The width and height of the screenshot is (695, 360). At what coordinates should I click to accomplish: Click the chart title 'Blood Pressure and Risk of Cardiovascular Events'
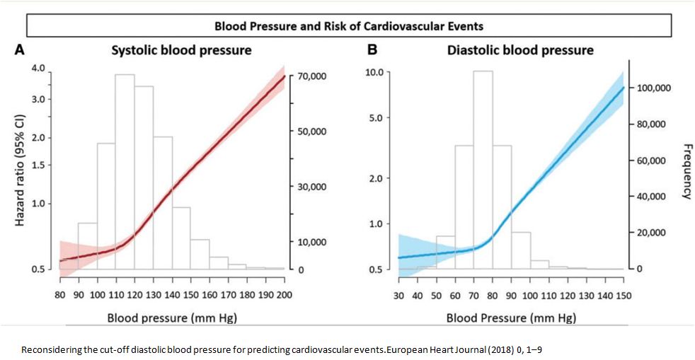click(x=349, y=27)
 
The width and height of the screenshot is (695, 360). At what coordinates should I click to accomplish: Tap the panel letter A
click(x=21, y=50)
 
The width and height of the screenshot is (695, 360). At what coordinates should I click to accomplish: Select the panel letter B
click(x=372, y=50)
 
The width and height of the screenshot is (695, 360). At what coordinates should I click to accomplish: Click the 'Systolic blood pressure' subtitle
click(x=181, y=51)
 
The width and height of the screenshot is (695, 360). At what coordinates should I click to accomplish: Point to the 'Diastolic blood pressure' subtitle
click(x=520, y=51)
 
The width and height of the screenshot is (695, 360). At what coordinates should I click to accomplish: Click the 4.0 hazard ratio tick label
click(x=38, y=69)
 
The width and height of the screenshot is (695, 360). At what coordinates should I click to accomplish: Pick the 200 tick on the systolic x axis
click(x=285, y=294)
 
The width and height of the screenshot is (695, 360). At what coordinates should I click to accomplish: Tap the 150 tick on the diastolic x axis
click(x=623, y=294)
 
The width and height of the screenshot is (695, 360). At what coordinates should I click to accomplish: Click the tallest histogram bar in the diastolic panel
click(x=483, y=170)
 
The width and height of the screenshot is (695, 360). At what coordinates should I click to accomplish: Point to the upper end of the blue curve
click(x=623, y=88)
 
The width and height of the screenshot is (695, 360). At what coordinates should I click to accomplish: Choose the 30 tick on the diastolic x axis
click(x=398, y=294)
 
